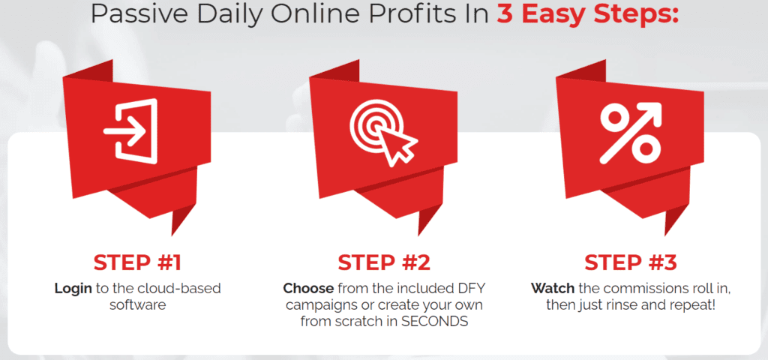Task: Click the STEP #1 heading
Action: point(138,262)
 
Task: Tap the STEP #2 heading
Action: point(384,262)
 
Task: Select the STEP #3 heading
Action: point(631,262)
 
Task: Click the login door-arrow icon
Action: point(130,130)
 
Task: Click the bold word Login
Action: point(73,289)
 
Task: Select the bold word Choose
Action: point(308,288)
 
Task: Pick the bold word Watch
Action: point(551,288)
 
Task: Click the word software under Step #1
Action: point(138,305)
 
